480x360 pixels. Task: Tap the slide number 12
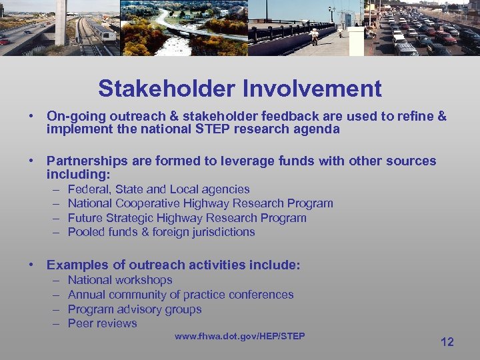tap(447, 342)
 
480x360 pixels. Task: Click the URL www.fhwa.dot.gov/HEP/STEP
tap(239, 336)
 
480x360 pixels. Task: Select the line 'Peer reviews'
tap(102, 323)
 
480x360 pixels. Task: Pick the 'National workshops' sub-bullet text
tap(120, 280)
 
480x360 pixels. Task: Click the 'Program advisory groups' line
tap(135, 309)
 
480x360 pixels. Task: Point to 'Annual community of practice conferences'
tap(181, 295)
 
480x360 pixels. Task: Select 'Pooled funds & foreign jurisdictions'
tap(161, 232)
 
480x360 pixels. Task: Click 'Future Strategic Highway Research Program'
tap(187, 218)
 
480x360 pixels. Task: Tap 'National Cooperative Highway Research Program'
tap(200, 203)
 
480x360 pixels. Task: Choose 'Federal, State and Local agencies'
tap(159, 189)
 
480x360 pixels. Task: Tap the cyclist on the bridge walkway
tap(314, 35)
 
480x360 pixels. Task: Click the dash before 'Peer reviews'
tap(55, 323)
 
